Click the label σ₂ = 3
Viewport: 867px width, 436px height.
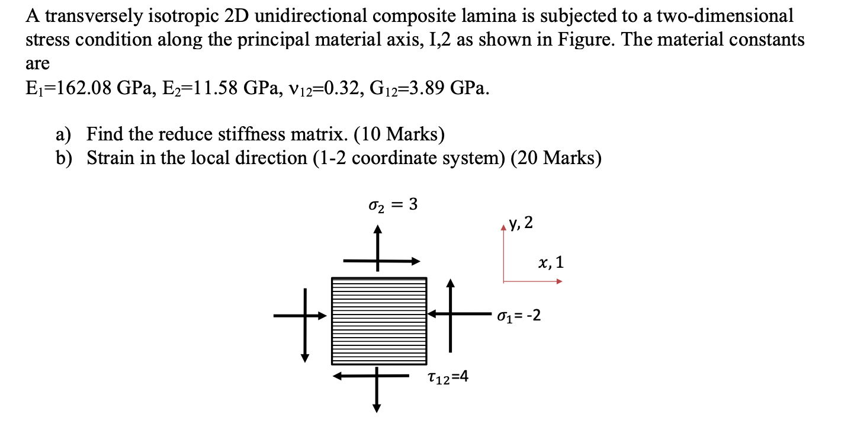click(393, 205)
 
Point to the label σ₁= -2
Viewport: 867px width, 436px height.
click(519, 315)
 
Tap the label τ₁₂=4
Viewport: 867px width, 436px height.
click(447, 377)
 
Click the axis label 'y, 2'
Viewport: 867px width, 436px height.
click(521, 223)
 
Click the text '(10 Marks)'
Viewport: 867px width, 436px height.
click(399, 135)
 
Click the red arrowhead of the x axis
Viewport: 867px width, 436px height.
click(558, 281)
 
